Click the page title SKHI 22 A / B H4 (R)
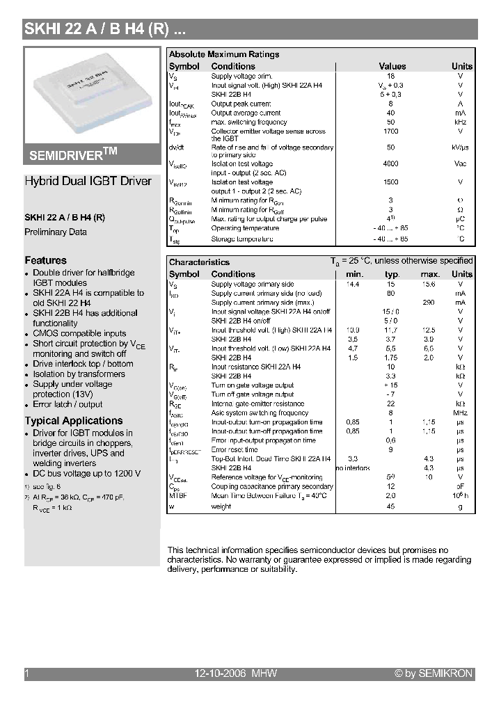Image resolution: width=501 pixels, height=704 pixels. coord(104,29)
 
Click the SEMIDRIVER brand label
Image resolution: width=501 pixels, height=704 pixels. coord(73,153)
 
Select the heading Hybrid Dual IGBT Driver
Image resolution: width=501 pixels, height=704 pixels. coord(88,182)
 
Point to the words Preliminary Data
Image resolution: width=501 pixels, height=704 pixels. coord(56,232)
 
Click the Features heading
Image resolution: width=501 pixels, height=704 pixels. coord(46,260)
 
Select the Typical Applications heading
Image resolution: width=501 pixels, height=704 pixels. coord(74,421)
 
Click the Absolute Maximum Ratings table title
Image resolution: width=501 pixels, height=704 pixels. coord(224,54)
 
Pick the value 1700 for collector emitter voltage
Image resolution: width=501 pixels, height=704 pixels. coord(391,131)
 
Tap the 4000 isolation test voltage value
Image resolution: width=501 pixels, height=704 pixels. coord(391,164)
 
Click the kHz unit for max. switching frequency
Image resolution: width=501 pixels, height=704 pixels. coord(461,122)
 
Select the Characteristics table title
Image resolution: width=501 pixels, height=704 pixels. coord(199,262)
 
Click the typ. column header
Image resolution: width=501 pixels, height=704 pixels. coord(392,274)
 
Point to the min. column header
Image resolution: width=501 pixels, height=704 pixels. coord(354,274)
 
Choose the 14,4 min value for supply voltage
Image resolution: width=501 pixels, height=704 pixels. coord(353,284)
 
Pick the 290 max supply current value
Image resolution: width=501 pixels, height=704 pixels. coord(429,303)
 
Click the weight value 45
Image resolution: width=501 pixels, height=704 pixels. coord(391,506)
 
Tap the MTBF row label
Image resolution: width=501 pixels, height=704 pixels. coord(178,497)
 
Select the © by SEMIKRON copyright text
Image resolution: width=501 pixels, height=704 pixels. coord(434,673)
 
